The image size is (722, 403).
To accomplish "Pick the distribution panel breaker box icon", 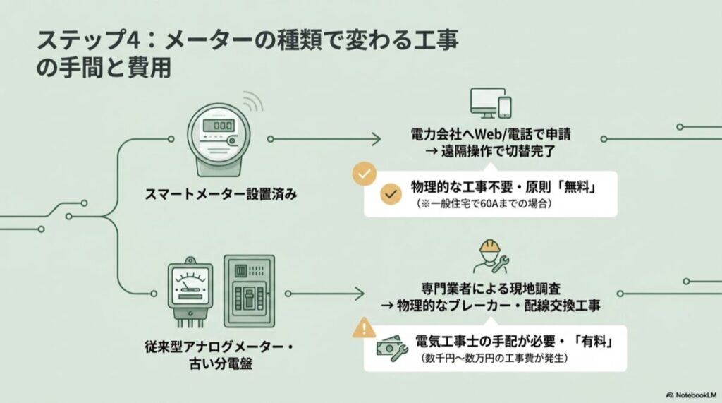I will pyautogui.click(x=248, y=290).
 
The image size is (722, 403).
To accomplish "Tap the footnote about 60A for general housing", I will pyautogui.click(x=487, y=205).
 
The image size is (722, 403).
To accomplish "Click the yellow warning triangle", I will pyautogui.click(x=364, y=327).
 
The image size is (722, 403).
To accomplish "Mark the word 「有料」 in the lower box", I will pyautogui.click(x=588, y=342).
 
